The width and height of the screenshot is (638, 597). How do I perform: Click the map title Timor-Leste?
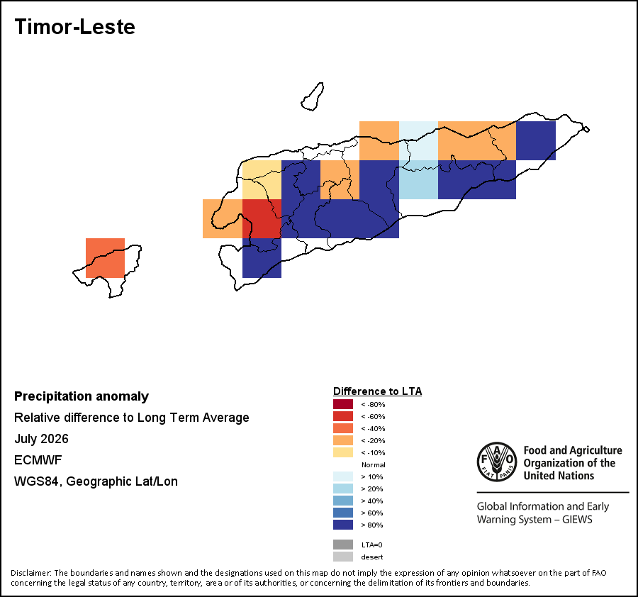click(75, 27)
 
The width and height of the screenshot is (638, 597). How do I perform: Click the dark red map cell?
click(262, 218)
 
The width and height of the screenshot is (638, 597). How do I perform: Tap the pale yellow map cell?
click(262, 179)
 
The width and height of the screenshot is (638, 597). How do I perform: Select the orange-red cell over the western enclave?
click(105, 258)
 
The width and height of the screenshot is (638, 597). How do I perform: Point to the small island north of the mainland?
click(313, 97)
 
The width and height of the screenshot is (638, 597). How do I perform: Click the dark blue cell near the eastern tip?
click(536, 140)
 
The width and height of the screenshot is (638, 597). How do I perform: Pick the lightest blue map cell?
click(418, 140)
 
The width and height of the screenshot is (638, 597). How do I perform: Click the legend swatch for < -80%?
click(343, 404)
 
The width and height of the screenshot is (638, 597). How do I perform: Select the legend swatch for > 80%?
click(343, 525)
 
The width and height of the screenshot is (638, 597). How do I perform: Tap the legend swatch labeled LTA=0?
click(343, 545)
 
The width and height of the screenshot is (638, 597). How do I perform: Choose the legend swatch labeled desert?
click(343, 557)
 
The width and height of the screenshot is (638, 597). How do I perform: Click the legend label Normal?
click(373, 464)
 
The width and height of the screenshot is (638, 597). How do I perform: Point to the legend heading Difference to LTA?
click(378, 391)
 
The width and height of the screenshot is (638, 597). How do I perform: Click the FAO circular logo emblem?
click(497, 462)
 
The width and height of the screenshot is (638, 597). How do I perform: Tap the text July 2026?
click(42, 439)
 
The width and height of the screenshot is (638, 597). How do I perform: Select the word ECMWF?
click(38, 460)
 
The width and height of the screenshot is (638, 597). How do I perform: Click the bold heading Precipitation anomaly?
click(82, 396)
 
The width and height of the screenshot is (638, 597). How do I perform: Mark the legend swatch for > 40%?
click(343, 501)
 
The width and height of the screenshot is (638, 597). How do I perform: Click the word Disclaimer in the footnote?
click(30, 573)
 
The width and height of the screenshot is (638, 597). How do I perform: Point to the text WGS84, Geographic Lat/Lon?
click(96, 481)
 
